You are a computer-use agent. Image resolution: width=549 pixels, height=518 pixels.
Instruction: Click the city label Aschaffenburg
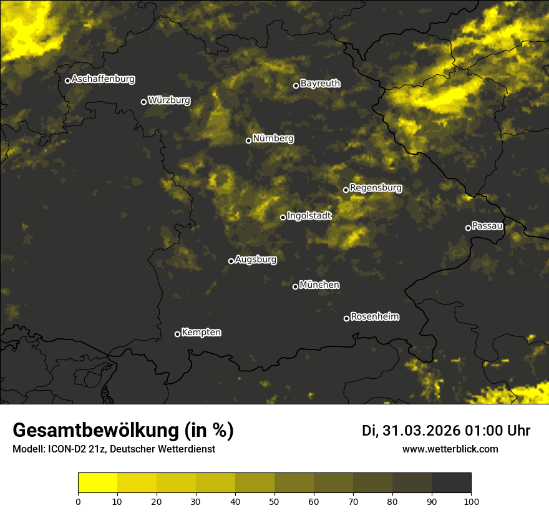[103, 79]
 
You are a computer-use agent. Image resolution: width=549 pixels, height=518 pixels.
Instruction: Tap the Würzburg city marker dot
[143, 102]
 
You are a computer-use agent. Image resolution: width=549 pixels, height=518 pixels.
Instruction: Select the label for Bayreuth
[320, 83]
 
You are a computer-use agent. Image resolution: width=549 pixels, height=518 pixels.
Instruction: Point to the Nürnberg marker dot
[248, 140]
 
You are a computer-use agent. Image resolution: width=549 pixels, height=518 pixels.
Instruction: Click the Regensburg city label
[376, 187]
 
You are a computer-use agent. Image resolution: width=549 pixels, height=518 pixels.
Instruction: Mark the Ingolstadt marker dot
[283, 217]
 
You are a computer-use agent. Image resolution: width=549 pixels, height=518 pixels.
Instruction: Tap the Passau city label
[487, 225]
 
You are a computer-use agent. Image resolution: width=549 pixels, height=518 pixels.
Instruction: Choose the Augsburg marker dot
[231, 261]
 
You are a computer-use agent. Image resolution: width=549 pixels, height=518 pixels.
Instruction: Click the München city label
[319, 285]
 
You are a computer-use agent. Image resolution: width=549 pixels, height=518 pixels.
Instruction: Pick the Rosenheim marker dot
[346, 319]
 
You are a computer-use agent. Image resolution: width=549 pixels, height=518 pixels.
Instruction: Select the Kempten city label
[201, 332]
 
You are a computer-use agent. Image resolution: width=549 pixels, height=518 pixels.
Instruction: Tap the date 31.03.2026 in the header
[420, 431]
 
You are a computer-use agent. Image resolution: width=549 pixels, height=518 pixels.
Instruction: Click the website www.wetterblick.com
[450, 449]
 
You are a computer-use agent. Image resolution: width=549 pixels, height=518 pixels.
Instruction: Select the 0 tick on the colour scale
[78, 501]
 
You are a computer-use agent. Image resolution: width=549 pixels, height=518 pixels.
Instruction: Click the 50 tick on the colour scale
[274, 501]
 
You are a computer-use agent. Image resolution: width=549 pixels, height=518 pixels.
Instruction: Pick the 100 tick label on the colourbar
[471, 501]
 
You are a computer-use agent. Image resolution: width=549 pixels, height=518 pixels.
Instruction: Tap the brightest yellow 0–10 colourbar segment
[98, 483]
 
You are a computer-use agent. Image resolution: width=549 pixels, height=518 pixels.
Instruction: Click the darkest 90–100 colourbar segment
[451, 483]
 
